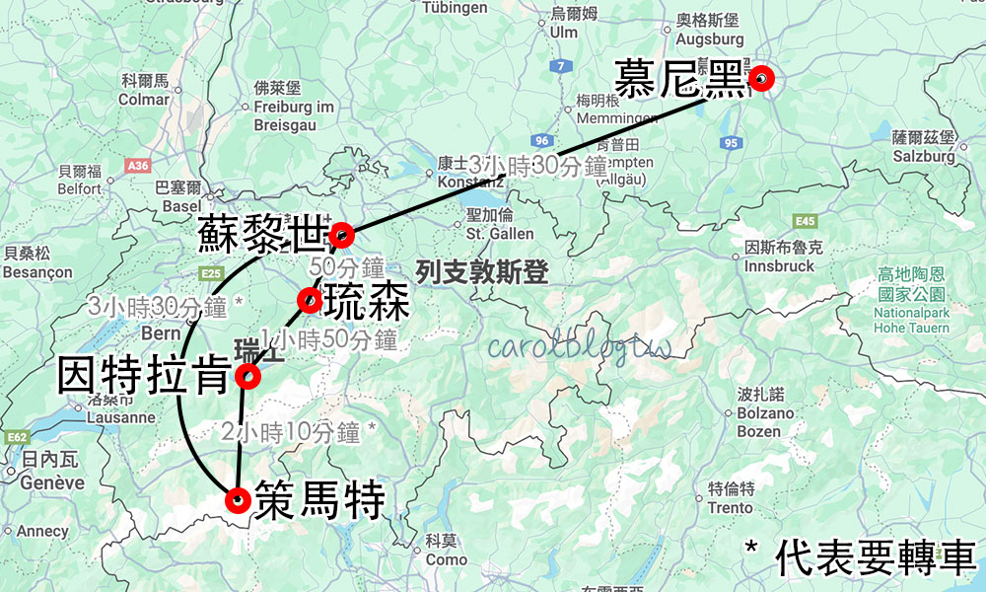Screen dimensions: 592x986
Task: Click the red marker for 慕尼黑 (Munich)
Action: (761, 79)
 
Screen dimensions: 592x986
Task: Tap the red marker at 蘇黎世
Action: (341, 235)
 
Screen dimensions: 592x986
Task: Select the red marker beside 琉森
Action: (310, 300)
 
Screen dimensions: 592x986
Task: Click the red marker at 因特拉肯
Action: (247, 375)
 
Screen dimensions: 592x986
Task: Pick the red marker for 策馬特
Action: (237, 500)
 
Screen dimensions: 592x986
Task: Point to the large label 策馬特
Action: (319, 501)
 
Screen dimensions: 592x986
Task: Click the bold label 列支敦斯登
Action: (482, 272)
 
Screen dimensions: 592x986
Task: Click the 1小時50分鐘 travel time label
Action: (328, 340)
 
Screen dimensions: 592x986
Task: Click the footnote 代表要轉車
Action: (874, 558)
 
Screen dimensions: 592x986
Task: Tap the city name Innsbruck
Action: (779, 266)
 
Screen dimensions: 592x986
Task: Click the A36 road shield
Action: (138, 166)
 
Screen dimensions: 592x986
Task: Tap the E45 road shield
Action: (804, 221)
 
